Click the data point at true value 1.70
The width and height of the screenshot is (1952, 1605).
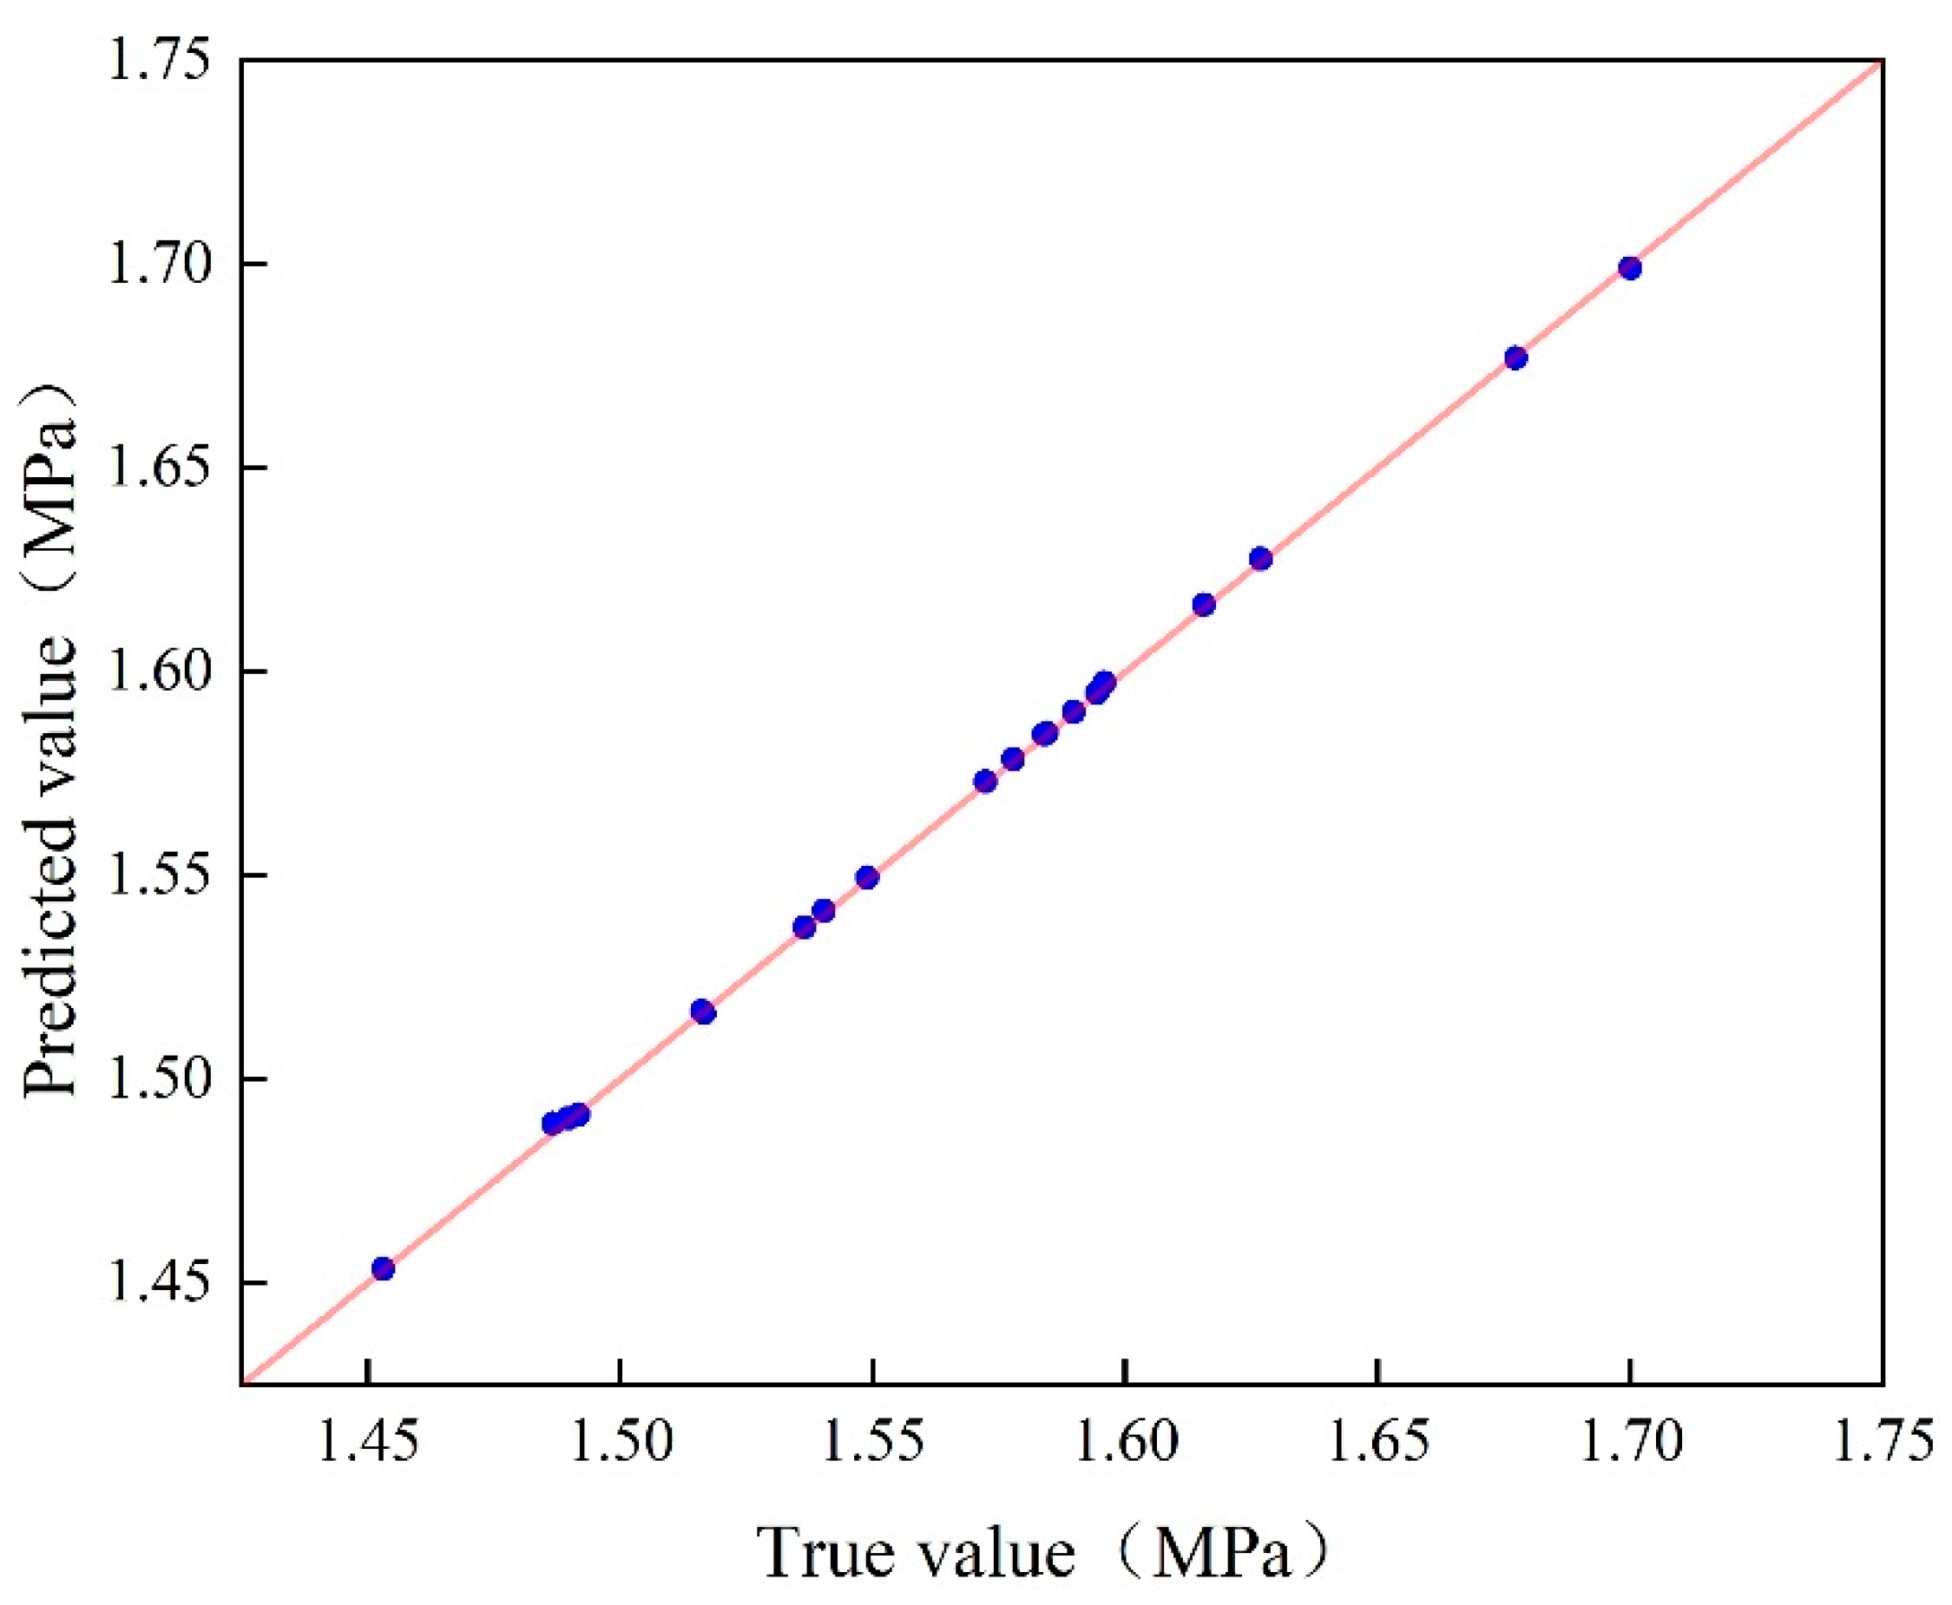click(x=1629, y=268)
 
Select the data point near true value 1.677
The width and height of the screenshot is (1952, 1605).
click(x=1515, y=357)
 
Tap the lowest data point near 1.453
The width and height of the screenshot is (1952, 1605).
click(x=383, y=1268)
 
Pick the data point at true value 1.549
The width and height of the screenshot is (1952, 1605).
click(x=866, y=877)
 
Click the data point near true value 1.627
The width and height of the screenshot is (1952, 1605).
click(x=1260, y=559)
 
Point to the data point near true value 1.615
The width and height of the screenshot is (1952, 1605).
click(x=1203, y=605)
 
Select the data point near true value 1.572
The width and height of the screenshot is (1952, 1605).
click(x=985, y=781)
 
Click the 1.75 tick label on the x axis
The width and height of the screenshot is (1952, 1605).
click(x=1882, y=1444)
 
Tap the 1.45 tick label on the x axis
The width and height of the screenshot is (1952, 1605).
click(x=367, y=1444)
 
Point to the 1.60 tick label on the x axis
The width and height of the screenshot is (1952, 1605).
click(x=1124, y=1444)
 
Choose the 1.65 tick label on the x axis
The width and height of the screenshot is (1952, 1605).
click(x=1377, y=1444)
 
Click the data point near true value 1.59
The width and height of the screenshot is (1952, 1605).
click(x=1074, y=711)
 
